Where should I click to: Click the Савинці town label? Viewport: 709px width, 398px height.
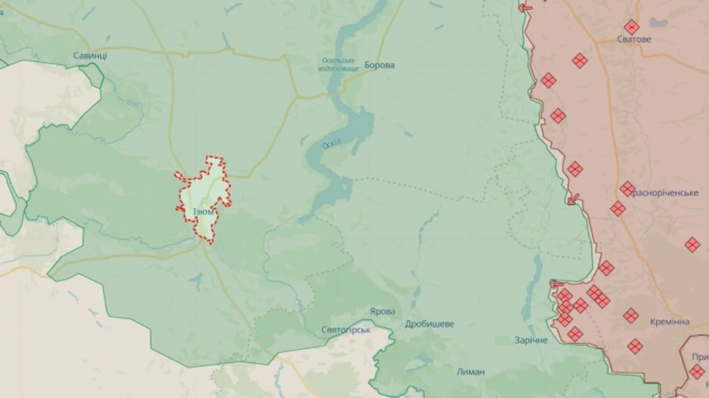coord(90,56)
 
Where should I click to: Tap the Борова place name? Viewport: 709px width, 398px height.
coord(379,65)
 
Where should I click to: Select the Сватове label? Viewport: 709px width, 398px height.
coord(633,39)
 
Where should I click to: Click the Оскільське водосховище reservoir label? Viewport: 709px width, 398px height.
coord(339,65)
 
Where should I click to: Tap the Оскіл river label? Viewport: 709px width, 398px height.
coord(332,144)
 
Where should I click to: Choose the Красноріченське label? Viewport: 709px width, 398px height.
coord(666,193)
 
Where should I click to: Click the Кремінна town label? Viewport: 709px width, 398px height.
coord(670,322)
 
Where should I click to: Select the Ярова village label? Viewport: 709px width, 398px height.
coord(382,311)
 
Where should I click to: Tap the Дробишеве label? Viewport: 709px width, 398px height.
coord(429,324)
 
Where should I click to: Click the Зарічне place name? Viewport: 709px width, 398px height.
coord(531,340)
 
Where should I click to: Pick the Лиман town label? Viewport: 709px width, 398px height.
coord(470,371)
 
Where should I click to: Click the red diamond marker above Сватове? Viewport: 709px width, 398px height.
coord(631,27)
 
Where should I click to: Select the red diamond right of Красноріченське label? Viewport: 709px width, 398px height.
coord(692,245)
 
